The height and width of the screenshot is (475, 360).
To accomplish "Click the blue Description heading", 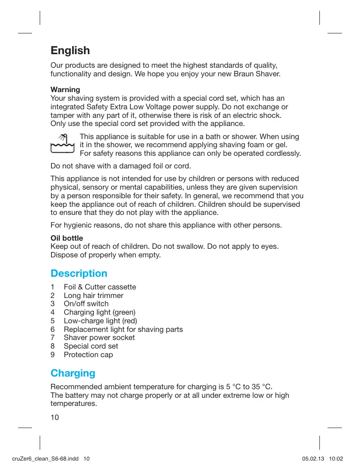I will pos(79,274).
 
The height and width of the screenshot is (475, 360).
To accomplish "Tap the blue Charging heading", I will pos(73,373).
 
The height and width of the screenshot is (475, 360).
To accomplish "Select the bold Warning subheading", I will pos(65,89).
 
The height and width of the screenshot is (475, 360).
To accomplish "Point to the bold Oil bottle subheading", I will pos(67,238).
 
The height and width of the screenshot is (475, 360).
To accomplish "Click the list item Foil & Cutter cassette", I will pos(100,287).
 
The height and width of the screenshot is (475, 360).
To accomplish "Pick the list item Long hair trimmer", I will pos(93,296).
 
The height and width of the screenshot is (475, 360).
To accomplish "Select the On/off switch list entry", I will pos(86,304).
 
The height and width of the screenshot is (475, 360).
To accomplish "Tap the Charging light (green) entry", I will pos(100,312).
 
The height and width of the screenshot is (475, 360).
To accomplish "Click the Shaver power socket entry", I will pos(99,338).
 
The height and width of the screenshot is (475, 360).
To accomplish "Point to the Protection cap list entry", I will pos(88,355).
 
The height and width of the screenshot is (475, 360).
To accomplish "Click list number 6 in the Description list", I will pos(53,330).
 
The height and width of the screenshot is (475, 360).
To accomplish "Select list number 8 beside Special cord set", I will pos(53,346).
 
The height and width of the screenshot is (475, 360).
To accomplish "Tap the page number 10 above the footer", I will pos(55,417).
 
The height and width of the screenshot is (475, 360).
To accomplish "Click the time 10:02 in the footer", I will pos(337,459).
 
